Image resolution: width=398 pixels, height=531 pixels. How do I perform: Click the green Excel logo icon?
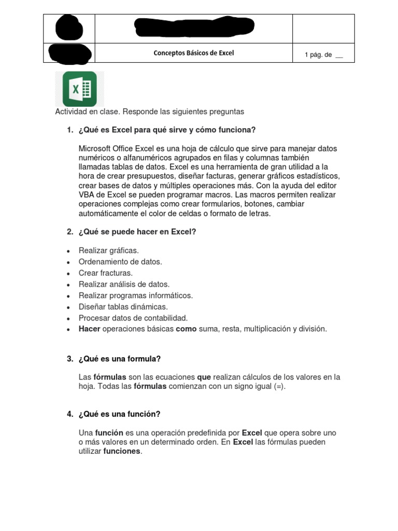point(79,89)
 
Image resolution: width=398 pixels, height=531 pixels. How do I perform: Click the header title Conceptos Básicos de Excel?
point(193,53)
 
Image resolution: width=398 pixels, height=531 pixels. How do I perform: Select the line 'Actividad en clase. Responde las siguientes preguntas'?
point(149,111)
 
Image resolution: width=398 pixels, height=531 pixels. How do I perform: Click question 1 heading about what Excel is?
point(167,130)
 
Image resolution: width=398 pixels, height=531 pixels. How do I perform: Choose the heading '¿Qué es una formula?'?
point(120,359)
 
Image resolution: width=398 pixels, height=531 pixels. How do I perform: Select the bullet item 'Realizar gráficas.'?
point(108,250)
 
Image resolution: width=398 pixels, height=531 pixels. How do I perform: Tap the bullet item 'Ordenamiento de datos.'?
point(120,262)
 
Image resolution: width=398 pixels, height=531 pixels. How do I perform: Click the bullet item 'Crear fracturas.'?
point(106,273)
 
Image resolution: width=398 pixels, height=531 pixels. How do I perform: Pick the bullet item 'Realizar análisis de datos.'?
point(124,284)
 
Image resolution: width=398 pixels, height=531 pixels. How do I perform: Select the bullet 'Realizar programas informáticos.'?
point(135,296)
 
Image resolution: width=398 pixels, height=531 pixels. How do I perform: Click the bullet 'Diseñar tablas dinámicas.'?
point(123,306)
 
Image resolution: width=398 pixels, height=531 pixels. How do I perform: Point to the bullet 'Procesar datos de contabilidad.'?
point(133,318)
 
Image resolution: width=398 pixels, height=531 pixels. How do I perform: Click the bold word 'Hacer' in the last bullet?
point(89,329)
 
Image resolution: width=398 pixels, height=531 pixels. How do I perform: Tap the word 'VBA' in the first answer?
point(87,195)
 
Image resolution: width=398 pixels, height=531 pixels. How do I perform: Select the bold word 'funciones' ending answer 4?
point(122,451)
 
